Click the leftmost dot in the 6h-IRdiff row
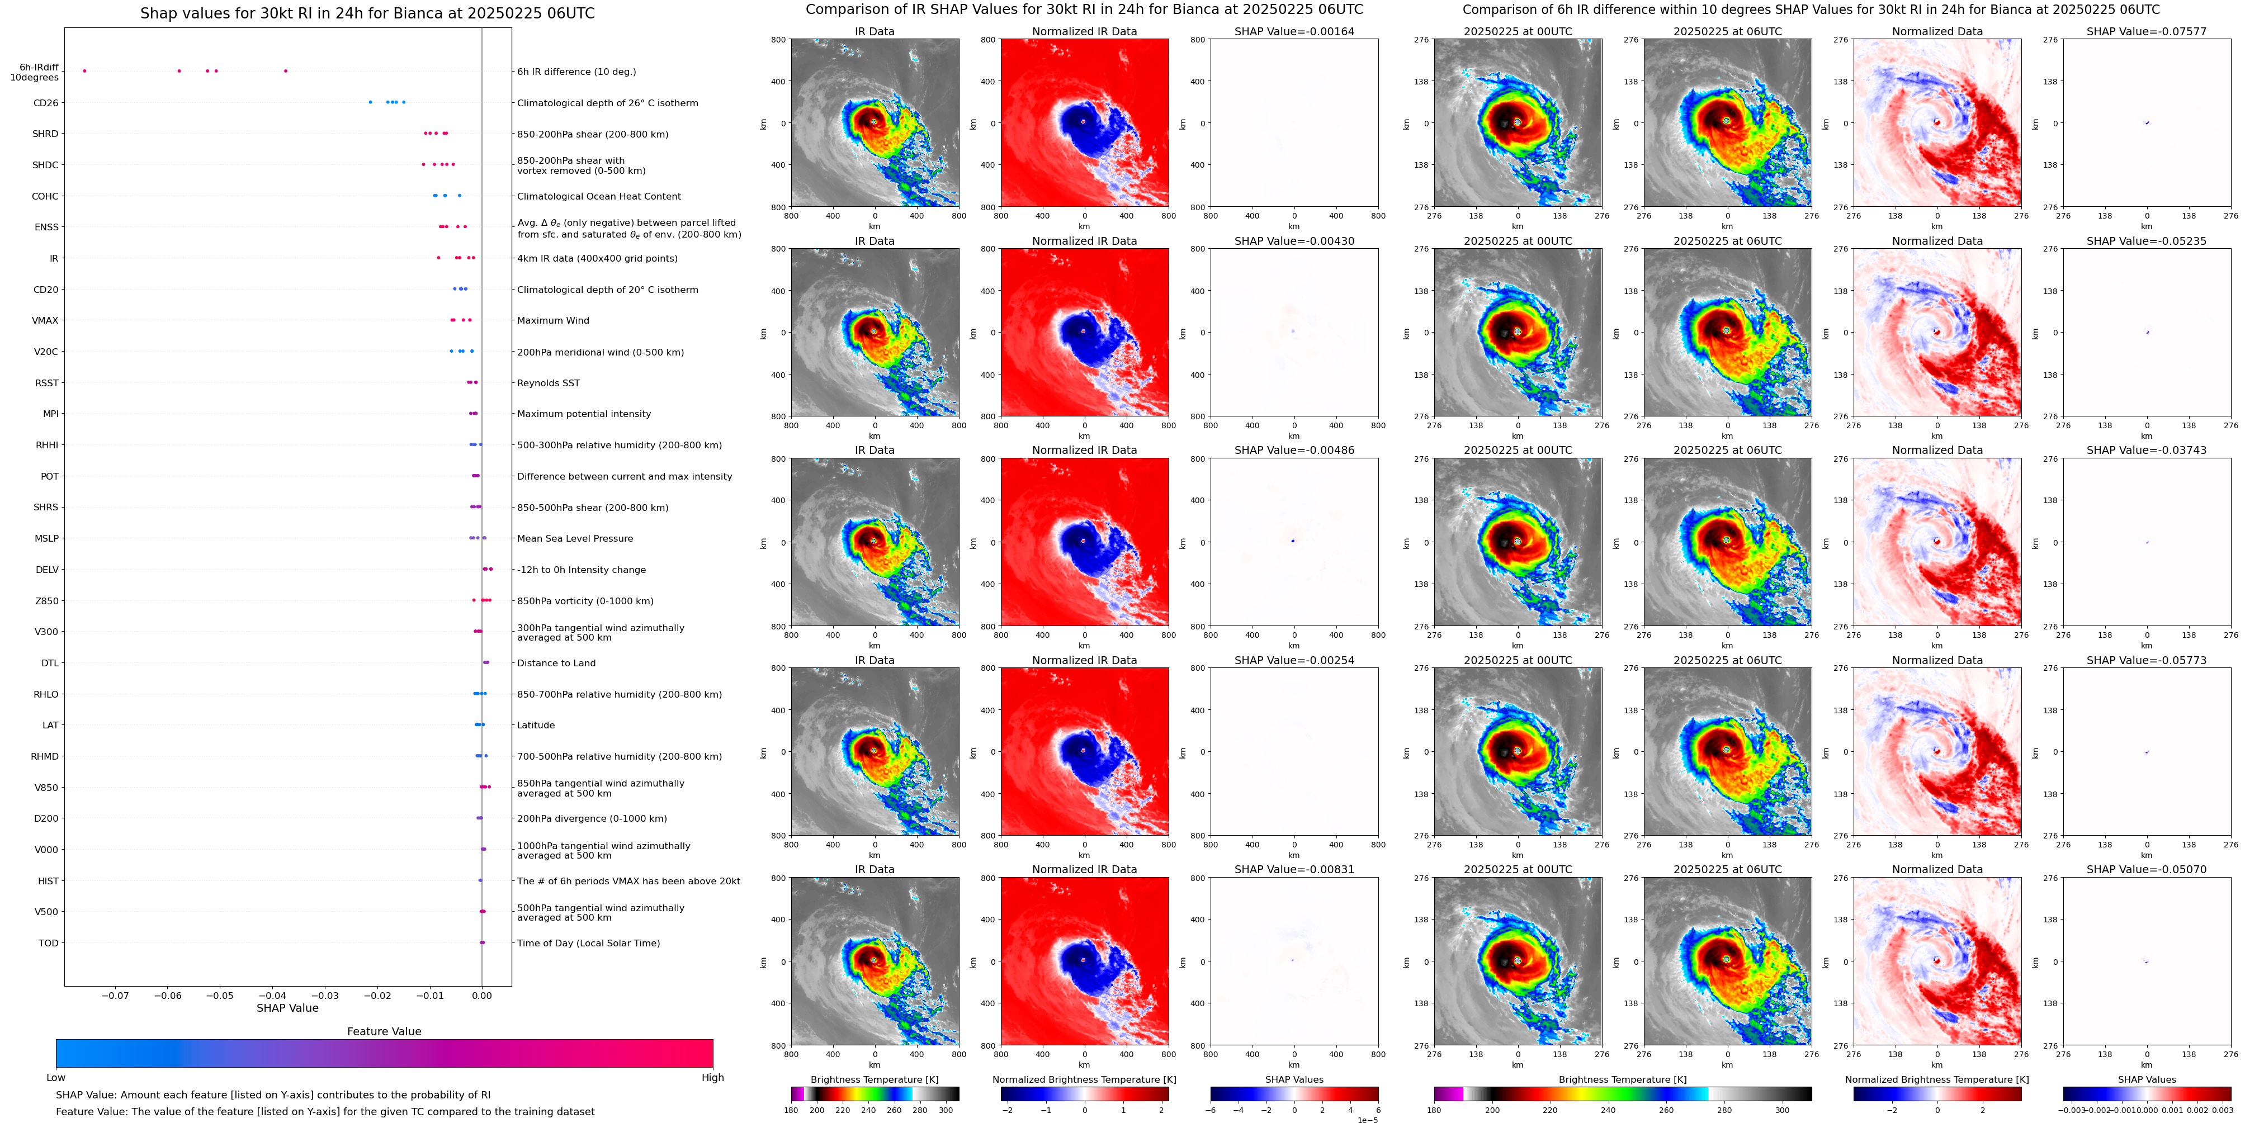coord(84,70)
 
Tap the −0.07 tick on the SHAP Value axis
coord(115,995)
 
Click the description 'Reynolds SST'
coord(548,383)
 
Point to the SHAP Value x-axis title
coord(287,1008)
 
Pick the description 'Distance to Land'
coord(556,663)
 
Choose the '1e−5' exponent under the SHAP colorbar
coord(1367,1120)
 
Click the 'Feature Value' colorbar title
coord(384,1031)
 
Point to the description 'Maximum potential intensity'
coord(584,414)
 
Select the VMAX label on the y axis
coord(45,321)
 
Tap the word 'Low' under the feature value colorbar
coord(56,1078)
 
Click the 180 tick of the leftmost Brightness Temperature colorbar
coord(791,1110)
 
